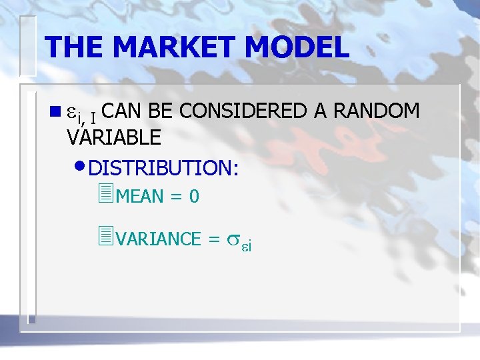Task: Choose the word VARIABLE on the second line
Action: pyautogui.click(x=114, y=137)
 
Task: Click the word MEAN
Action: pyautogui.click(x=140, y=196)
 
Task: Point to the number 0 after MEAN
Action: pyautogui.click(x=194, y=196)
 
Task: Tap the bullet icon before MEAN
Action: pyautogui.click(x=103, y=194)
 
